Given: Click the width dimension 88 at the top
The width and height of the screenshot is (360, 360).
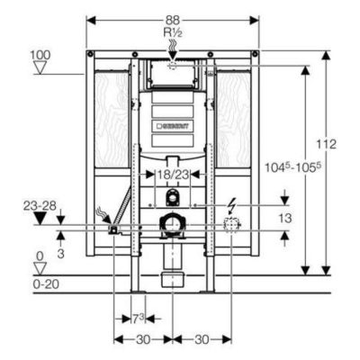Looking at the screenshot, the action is click(x=173, y=21).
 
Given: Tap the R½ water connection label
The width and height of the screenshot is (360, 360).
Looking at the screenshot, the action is click(x=173, y=32).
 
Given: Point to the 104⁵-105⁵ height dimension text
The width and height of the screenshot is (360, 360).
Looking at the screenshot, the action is click(x=291, y=167).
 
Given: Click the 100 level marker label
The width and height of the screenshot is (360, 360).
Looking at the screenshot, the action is click(x=40, y=55).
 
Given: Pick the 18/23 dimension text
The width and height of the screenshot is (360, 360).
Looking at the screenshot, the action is click(x=173, y=175).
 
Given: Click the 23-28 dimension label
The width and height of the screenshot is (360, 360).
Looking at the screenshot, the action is click(x=40, y=206).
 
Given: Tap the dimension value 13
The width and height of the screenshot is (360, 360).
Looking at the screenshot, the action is click(x=285, y=218).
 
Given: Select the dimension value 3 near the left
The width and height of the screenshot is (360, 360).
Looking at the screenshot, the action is click(x=60, y=254).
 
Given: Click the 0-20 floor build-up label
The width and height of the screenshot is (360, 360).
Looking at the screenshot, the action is click(x=46, y=284).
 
